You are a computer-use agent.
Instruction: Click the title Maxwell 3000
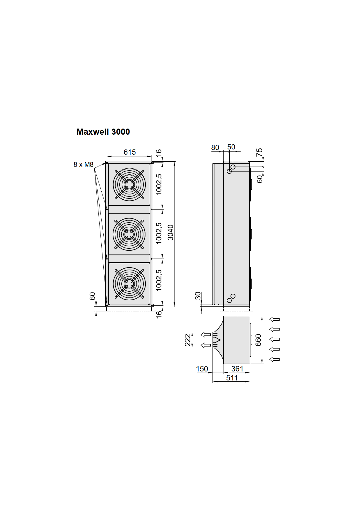tap(103, 132)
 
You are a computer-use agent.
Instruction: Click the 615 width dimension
tap(129, 152)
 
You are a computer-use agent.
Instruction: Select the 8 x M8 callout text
tap(83, 165)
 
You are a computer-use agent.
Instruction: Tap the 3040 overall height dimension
tap(171, 232)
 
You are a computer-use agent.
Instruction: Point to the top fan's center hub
tap(129, 185)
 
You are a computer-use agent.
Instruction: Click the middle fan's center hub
tap(129, 234)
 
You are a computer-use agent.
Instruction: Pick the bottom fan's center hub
tap(129, 283)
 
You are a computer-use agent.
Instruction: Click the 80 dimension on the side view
tap(215, 148)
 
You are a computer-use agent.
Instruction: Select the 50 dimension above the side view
tap(231, 147)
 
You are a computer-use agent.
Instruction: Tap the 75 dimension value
tap(259, 152)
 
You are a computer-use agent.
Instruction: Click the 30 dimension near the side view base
tap(198, 296)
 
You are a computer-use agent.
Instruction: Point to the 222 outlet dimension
tap(188, 340)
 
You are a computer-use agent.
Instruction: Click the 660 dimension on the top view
tap(258, 340)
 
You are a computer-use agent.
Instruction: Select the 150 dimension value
tap(202, 369)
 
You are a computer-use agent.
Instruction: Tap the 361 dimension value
tap(237, 369)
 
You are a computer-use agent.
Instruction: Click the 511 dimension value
tap(232, 378)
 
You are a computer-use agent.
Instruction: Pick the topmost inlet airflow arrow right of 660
tap(274, 319)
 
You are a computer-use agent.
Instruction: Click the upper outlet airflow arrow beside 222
tap(206, 335)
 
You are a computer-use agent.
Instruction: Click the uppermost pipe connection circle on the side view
tap(233, 167)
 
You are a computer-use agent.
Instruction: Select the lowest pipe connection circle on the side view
tap(229, 300)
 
